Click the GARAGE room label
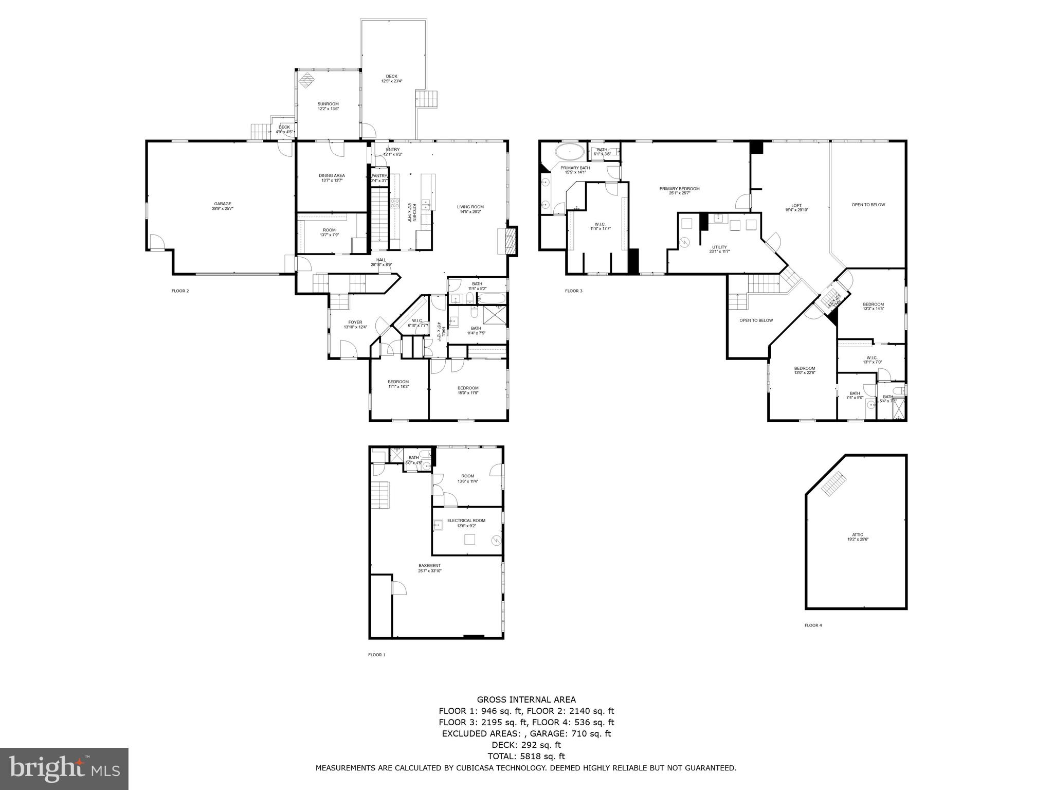coord(223,204)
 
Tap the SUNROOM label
coord(328,104)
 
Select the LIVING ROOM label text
coord(470,207)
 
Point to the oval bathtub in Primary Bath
coord(569,152)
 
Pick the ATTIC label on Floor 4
coord(858,535)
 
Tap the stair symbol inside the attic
coord(833,483)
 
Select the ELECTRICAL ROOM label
coord(466,520)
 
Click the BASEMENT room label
coord(429,566)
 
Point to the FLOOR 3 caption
coord(574,291)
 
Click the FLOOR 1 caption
coord(376,655)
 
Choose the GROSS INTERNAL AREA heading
coord(526,699)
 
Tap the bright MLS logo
coord(64,769)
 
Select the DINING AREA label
coord(332,176)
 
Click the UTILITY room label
coord(719,247)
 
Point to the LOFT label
coord(796,206)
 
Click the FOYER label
coord(355,322)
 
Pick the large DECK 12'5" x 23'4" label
coord(391,77)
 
